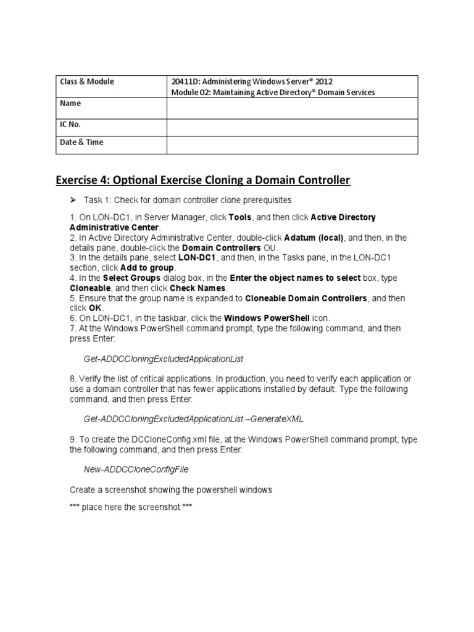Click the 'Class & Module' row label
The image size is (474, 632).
click(x=86, y=81)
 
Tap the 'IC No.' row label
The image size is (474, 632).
click(x=70, y=124)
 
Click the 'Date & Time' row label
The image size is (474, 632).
click(x=81, y=142)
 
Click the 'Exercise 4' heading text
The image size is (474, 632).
click(x=202, y=180)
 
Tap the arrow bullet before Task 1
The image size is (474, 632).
click(x=72, y=201)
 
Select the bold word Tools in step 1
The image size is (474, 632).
click(x=240, y=218)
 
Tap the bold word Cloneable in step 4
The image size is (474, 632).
click(x=90, y=288)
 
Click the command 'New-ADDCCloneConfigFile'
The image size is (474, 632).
click(x=136, y=469)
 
